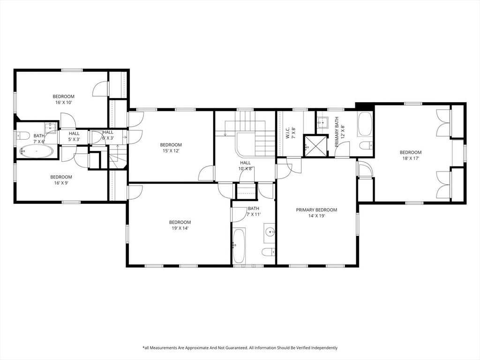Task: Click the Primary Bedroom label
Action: click(316, 210)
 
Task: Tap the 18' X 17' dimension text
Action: click(411, 158)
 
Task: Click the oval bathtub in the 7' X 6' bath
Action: click(37, 151)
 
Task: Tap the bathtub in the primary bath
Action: click(365, 124)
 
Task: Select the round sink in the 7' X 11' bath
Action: click(270, 231)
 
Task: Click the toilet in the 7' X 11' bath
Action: click(268, 252)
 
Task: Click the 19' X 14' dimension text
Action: click(180, 228)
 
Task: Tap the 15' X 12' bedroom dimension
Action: click(171, 150)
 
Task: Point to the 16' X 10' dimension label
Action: click(64, 103)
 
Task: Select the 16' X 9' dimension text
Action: click(61, 183)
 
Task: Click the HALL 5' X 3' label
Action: click(74, 136)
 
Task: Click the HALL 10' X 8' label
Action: click(245, 165)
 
